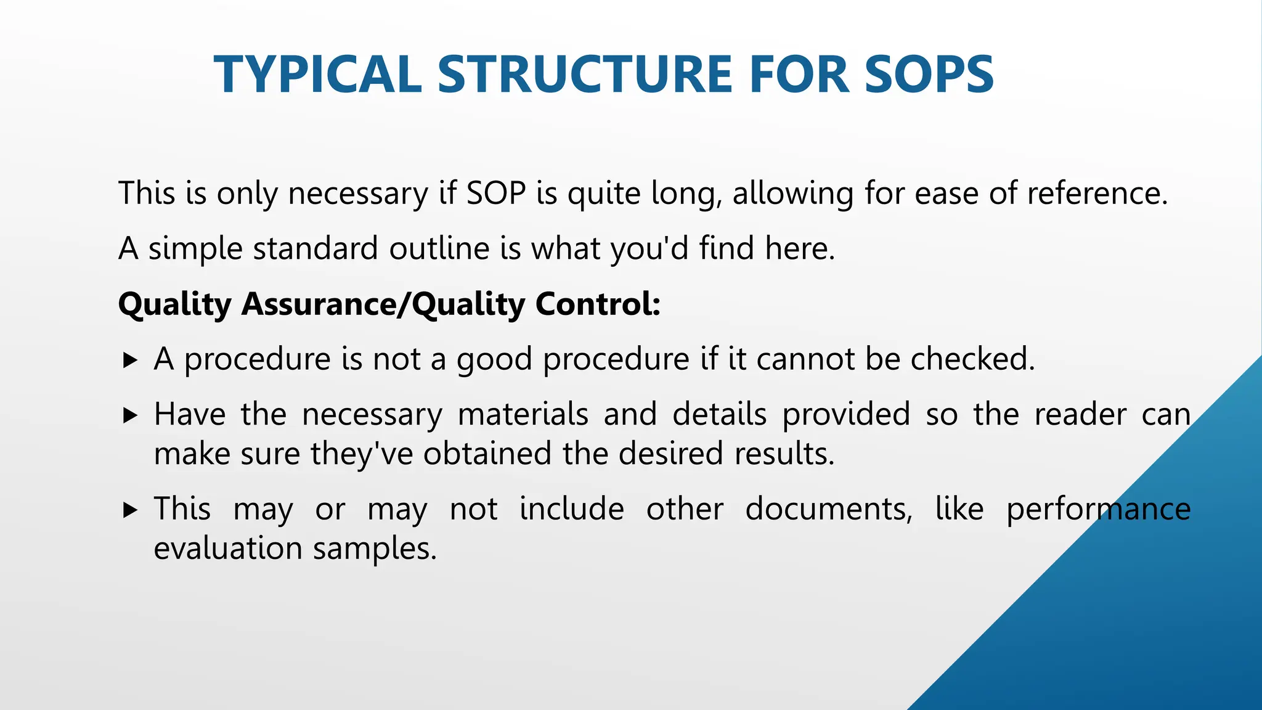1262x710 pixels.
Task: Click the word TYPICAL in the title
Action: (317, 75)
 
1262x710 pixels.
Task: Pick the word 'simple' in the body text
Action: (195, 248)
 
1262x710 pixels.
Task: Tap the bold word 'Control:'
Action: (598, 304)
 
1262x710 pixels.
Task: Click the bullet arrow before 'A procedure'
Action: (130, 360)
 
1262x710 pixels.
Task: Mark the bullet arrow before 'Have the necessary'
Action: (130, 415)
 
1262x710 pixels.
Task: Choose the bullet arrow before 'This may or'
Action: (130, 510)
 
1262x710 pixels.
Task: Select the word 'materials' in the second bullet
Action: (523, 414)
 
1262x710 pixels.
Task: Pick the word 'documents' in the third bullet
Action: (827, 510)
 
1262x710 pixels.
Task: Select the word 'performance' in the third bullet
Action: (1098, 510)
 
